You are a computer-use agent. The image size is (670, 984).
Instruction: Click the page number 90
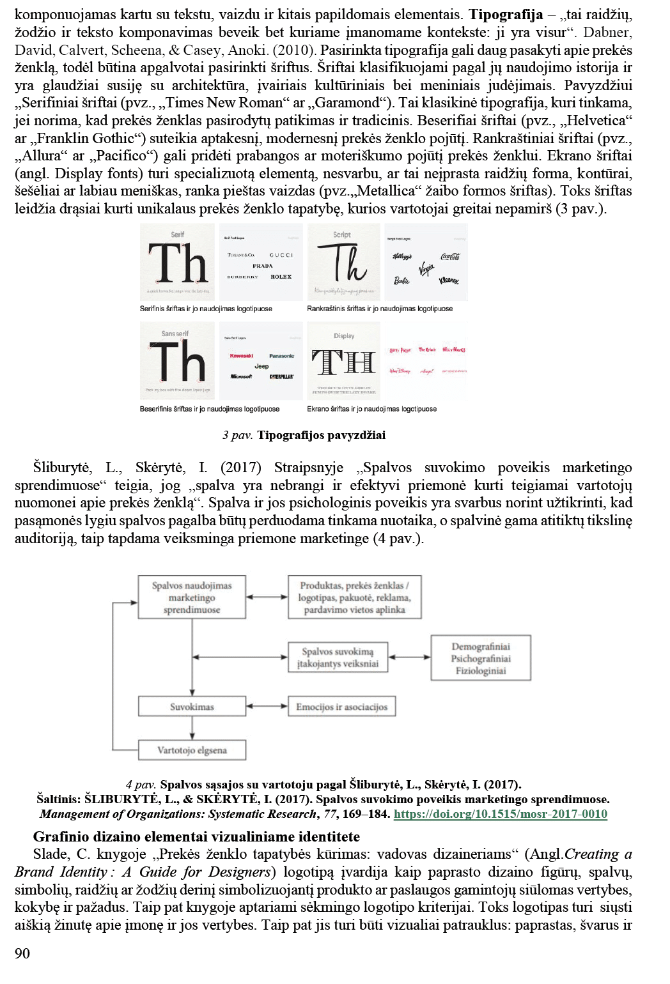(x=22, y=953)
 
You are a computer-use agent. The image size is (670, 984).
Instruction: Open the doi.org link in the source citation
(x=500, y=814)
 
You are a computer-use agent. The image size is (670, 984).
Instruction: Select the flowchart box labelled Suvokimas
(x=192, y=707)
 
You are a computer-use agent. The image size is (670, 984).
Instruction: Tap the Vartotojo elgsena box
(x=192, y=750)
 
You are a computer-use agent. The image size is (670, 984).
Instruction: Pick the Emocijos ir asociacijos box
(x=341, y=707)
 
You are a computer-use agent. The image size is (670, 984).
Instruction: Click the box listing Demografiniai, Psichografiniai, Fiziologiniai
(x=481, y=658)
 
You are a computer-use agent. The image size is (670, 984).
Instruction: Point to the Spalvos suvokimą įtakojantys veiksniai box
(x=338, y=657)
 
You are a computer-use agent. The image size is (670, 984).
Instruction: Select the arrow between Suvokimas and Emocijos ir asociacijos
(x=267, y=706)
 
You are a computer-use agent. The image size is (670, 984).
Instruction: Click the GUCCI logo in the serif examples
(x=281, y=255)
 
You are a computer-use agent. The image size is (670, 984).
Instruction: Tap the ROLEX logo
(x=281, y=277)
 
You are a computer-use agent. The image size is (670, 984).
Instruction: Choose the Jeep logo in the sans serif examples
(x=261, y=366)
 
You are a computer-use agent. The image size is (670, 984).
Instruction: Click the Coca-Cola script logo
(x=450, y=257)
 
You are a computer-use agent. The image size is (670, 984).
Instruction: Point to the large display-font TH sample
(x=343, y=362)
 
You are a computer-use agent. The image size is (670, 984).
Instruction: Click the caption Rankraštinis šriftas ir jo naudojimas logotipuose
(x=380, y=309)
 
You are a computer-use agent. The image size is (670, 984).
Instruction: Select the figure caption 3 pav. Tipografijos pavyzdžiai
(x=304, y=435)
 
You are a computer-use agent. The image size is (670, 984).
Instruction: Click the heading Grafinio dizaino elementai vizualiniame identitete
(x=196, y=837)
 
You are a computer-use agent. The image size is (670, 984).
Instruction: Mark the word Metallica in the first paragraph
(x=386, y=191)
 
